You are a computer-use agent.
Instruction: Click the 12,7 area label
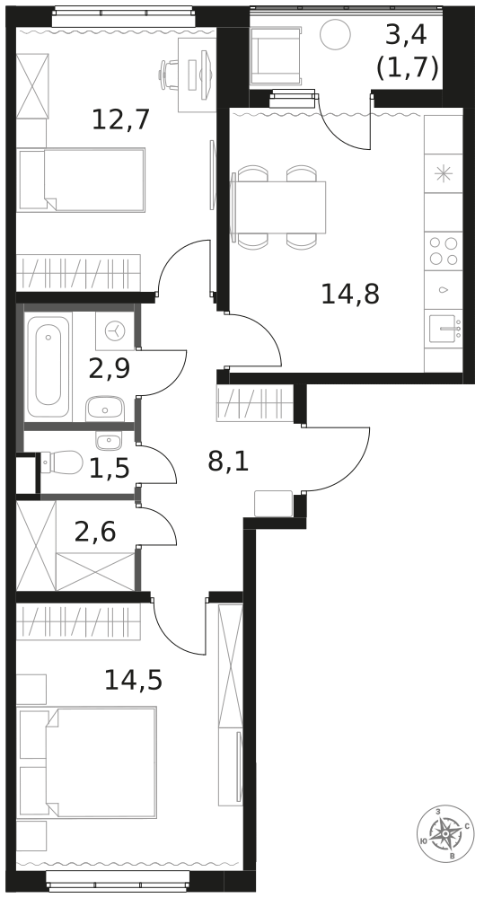coord(121,119)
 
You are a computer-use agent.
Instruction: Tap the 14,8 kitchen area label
coord(350,295)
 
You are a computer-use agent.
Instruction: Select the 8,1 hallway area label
coord(228,461)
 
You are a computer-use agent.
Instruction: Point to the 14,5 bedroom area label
coord(134,680)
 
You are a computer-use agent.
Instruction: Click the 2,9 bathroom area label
coord(110,368)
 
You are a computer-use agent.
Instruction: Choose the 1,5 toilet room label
coord(109,469)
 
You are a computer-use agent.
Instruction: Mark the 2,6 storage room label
coord(95,533)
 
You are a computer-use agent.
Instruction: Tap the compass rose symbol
coord(445,833)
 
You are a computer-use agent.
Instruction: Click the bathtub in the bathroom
coord(48,366)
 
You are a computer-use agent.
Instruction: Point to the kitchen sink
coord(444,328)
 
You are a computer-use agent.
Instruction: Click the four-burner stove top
coord(444,251)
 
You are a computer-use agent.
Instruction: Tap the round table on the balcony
coord(335,34)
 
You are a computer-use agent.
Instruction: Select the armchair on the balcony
coord(276,56)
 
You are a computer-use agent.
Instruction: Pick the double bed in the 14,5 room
coord(87,762)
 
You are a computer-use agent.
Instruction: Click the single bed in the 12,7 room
coord(81,180)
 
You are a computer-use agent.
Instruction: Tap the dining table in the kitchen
coord(278,207)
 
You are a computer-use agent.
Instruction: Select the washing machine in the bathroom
coord(115,331)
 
